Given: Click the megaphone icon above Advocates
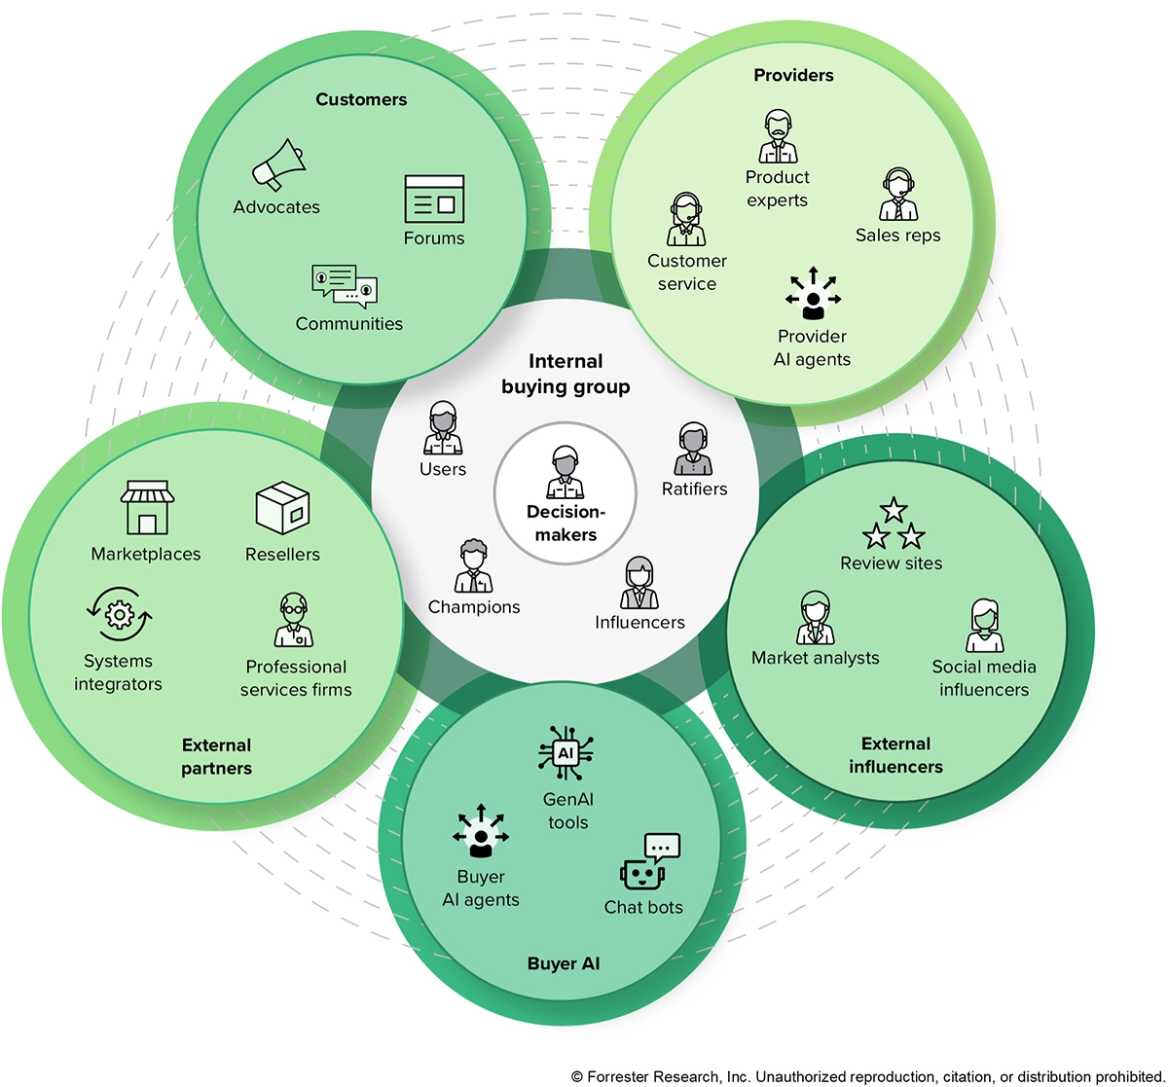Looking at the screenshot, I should click(x=277, y=164).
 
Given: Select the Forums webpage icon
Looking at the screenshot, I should click(x=434, y=199).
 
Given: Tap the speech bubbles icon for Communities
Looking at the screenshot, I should click(x=345, y=286).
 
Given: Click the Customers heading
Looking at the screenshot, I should click(x=361, y=99).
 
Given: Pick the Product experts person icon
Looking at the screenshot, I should click(x=778, y=138).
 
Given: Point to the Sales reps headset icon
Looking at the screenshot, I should click(x=897, y=195).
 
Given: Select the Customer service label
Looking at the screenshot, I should click(x=687, y=272).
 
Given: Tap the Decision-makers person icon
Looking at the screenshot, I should click(x=566, y=472).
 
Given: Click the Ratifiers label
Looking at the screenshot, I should click(x=694, y=489).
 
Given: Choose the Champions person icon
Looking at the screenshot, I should click(x=474, y=566).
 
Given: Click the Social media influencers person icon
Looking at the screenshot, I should click(x=984, y=626).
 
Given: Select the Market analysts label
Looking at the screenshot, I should click(x=815, y=658).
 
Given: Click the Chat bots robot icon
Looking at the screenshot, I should click(x=648, y=862).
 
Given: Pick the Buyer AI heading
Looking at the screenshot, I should click(x=564, y=963).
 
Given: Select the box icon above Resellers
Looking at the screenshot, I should click(x=282, y=508).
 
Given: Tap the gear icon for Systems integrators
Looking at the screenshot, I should click(x=119, y=615).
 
